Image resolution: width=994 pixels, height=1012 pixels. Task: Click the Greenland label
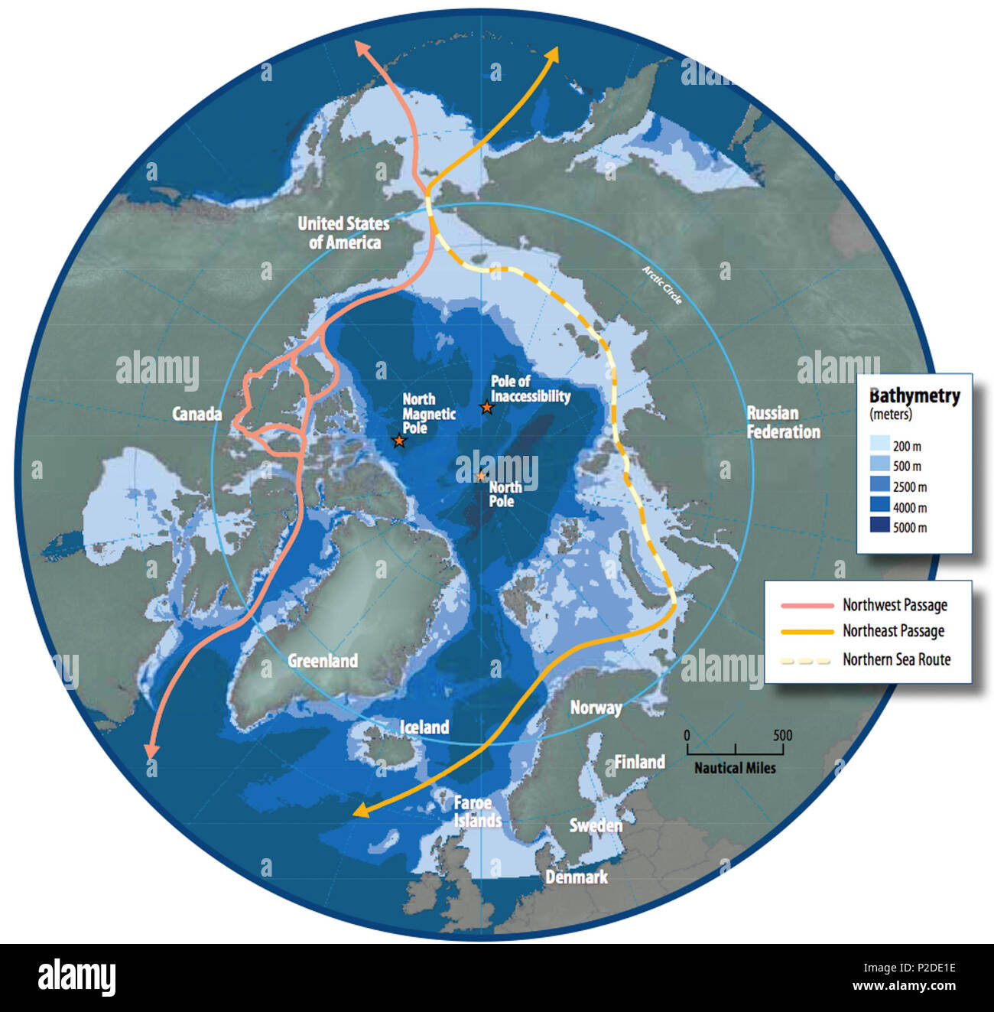pyautogui.click(x=323, y=660)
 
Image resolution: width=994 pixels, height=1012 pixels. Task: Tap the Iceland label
pyautogui.click(x=424, y=727)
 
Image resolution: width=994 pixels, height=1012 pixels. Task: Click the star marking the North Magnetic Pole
pyautogui.click(x=398, y=441)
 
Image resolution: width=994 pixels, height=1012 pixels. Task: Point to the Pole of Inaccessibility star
pyautogui.click(x=486, y=408)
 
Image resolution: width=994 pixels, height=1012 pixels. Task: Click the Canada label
pyautogui.click(x=197, y=414)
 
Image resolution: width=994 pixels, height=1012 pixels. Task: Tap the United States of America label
pyautogui.click(x=343, y=233)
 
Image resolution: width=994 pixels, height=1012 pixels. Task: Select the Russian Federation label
pyautogui.click(x=782, y=422)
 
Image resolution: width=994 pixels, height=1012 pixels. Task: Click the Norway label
pyautogui.click(x=596, y=708)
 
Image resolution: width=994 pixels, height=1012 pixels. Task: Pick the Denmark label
pyautogui.click(x=576, y=877)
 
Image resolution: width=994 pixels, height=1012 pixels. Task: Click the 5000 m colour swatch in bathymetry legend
pyautogui.click(x=880, y=527)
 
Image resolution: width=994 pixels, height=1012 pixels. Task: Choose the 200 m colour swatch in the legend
pyautogui.click(x=880, y=445)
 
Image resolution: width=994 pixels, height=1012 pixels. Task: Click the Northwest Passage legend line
pyautogui.click(x=807, y=605)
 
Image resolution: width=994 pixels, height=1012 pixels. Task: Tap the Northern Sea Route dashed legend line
pyautogui.click(x=807, y=659)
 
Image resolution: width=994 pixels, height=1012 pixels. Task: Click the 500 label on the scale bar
pyautogui.click(x=782, y=735)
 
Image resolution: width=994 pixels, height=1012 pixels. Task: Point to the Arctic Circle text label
pyautogui.click(x=662, y=285)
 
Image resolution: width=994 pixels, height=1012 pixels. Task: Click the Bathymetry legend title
pyautogui.click(x=914, y=396)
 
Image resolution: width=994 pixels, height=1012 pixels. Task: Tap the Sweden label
pyautogui.click(x=596, y=825)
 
